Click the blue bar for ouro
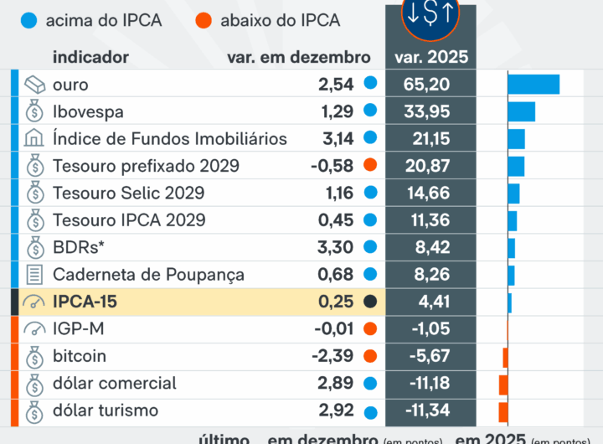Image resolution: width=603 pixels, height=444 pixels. coord(533,85)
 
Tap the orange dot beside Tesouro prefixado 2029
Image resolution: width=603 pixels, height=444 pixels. coord(371,166)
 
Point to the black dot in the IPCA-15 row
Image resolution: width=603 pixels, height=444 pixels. coord(371,302)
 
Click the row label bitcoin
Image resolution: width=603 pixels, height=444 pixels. coord(80,356)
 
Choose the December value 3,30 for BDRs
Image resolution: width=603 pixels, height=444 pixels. coord(336,247)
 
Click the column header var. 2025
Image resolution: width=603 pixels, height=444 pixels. coord(431,58)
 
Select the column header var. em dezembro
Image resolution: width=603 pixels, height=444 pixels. coord(298,58)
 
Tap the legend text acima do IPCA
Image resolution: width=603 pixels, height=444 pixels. coord(105,20)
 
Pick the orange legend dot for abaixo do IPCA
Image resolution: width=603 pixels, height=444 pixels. coord(204,20)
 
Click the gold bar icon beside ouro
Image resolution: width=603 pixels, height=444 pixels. coord(35,85)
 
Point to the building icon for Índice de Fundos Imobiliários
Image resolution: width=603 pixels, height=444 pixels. coord(35,139)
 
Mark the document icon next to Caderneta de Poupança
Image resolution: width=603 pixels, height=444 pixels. coord(35,274)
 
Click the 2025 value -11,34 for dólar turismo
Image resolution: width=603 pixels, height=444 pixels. coord(428,410)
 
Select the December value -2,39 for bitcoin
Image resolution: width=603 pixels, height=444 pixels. coord(332,356)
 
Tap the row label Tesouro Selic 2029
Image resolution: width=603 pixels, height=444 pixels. coord(128,194)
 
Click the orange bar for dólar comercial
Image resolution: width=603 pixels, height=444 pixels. coord(503,384)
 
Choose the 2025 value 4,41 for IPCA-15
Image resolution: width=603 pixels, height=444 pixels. coord(431,302)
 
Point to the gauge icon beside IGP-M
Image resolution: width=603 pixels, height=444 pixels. coord(35,329)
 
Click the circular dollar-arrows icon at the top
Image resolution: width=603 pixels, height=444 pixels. coord(430,16)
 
